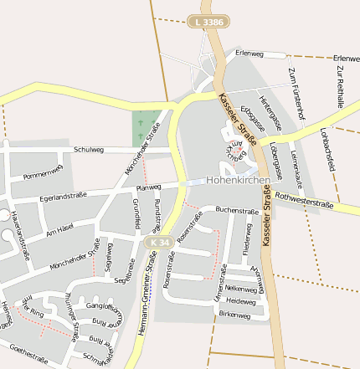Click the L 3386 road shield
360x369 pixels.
click(x=208, y=22)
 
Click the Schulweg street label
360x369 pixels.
click(x=88, y=150)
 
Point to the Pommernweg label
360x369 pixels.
click(x=43, y=173)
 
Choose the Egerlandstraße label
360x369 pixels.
click(x=65, y=197)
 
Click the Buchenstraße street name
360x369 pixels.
click(x=237, y=211)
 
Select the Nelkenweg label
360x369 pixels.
click(x=241, y=288)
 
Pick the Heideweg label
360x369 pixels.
click(x=240, y=300)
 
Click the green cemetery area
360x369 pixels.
click(x=146, y=128)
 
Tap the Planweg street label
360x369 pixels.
click(x=148, y=187)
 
